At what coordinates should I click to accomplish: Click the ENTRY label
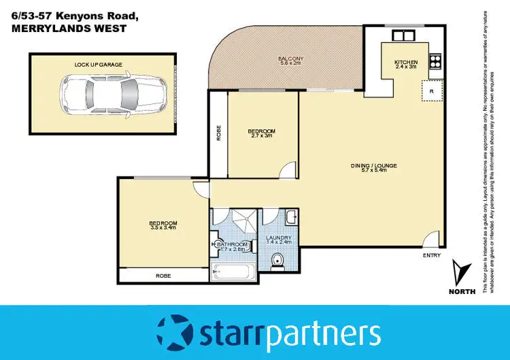tap(431, 256)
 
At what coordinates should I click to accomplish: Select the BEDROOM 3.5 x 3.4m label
tap(163, 225)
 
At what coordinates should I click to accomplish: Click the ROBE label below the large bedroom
tap(163, 276)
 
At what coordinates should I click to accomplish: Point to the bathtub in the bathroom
tap(233, 273)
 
